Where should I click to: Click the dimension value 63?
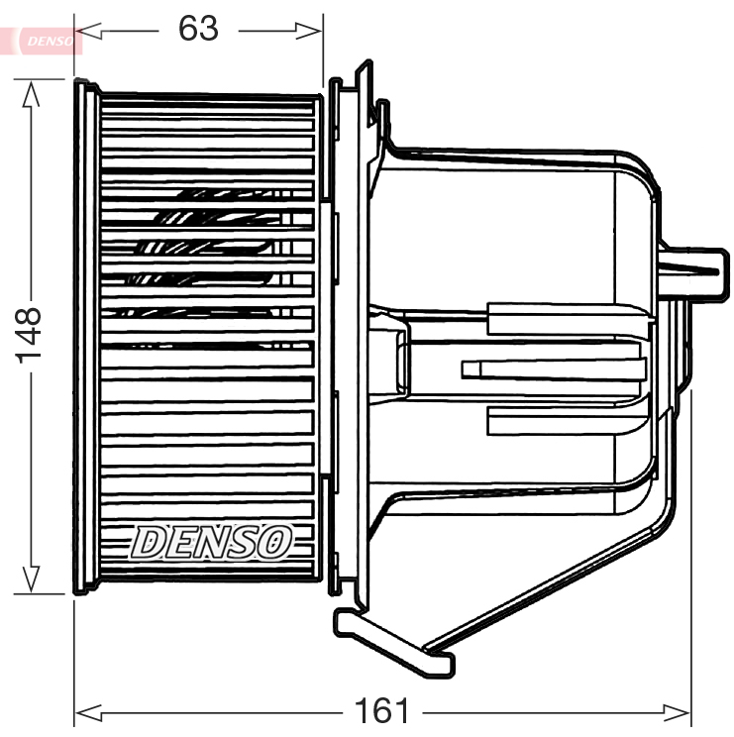point(198,29)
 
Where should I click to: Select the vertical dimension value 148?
point(29,336)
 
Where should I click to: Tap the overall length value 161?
point(382,710)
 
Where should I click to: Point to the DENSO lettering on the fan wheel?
point(212,541)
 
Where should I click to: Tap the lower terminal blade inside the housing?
point(565,422)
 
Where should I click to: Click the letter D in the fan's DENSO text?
point(148,541)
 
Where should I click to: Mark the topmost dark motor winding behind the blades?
point(218,194)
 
